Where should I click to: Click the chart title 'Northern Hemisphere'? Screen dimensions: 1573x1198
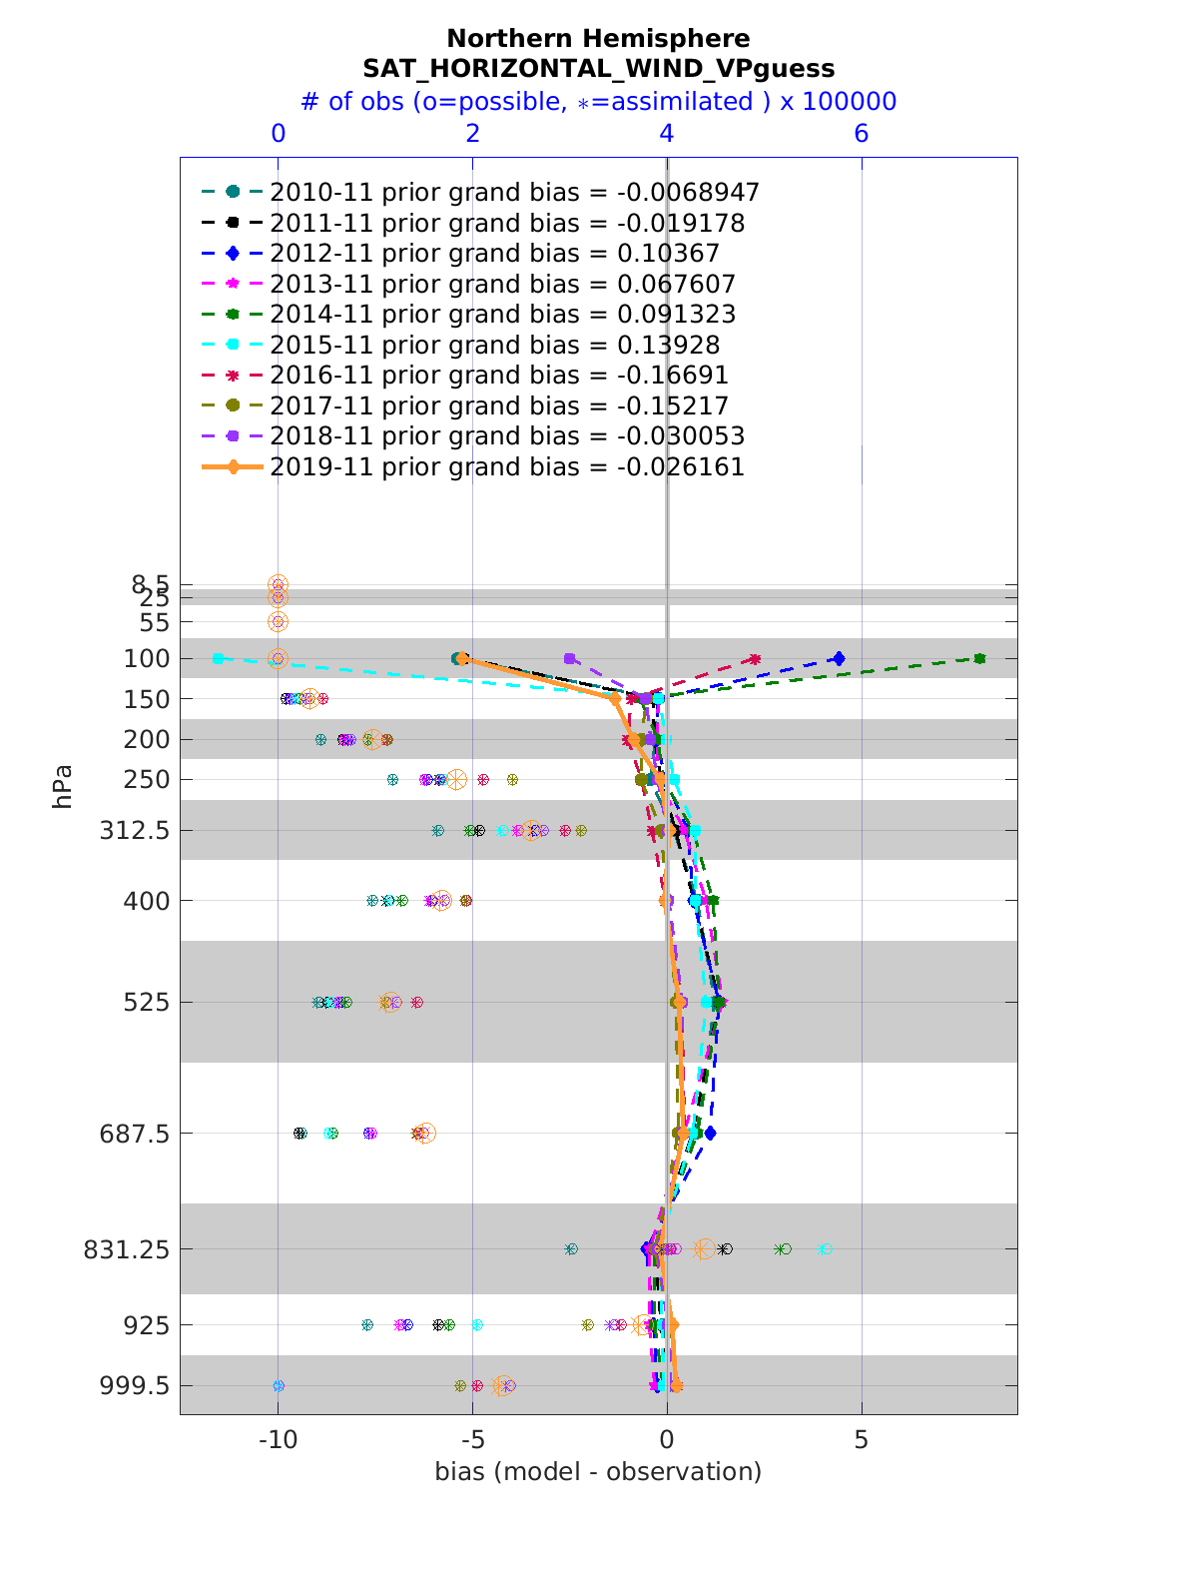598,39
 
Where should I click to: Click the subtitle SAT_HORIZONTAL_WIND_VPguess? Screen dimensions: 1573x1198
598,69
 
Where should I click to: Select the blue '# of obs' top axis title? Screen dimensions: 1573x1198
598,102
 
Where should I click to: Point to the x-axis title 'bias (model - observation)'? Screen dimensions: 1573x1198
598,1471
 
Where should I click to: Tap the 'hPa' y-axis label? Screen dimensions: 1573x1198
63,786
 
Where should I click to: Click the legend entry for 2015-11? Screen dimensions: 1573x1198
494,345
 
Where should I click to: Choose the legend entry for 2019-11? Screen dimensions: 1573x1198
506,467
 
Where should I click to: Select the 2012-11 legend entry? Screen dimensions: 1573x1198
494,253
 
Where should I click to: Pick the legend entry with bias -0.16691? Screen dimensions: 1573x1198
498,376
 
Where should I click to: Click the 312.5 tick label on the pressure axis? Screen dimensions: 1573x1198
134,831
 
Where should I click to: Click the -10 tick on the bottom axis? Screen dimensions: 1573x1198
278,1440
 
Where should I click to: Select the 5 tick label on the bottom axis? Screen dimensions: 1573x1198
862,1440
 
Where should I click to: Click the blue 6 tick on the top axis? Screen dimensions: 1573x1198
862,134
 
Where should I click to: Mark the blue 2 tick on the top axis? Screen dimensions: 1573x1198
472,134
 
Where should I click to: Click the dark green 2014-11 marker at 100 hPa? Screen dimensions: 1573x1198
980,658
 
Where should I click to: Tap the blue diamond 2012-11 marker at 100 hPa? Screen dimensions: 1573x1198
839,659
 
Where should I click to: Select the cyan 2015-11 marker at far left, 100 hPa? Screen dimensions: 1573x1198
218,658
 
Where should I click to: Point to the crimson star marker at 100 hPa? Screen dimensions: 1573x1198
755,659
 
